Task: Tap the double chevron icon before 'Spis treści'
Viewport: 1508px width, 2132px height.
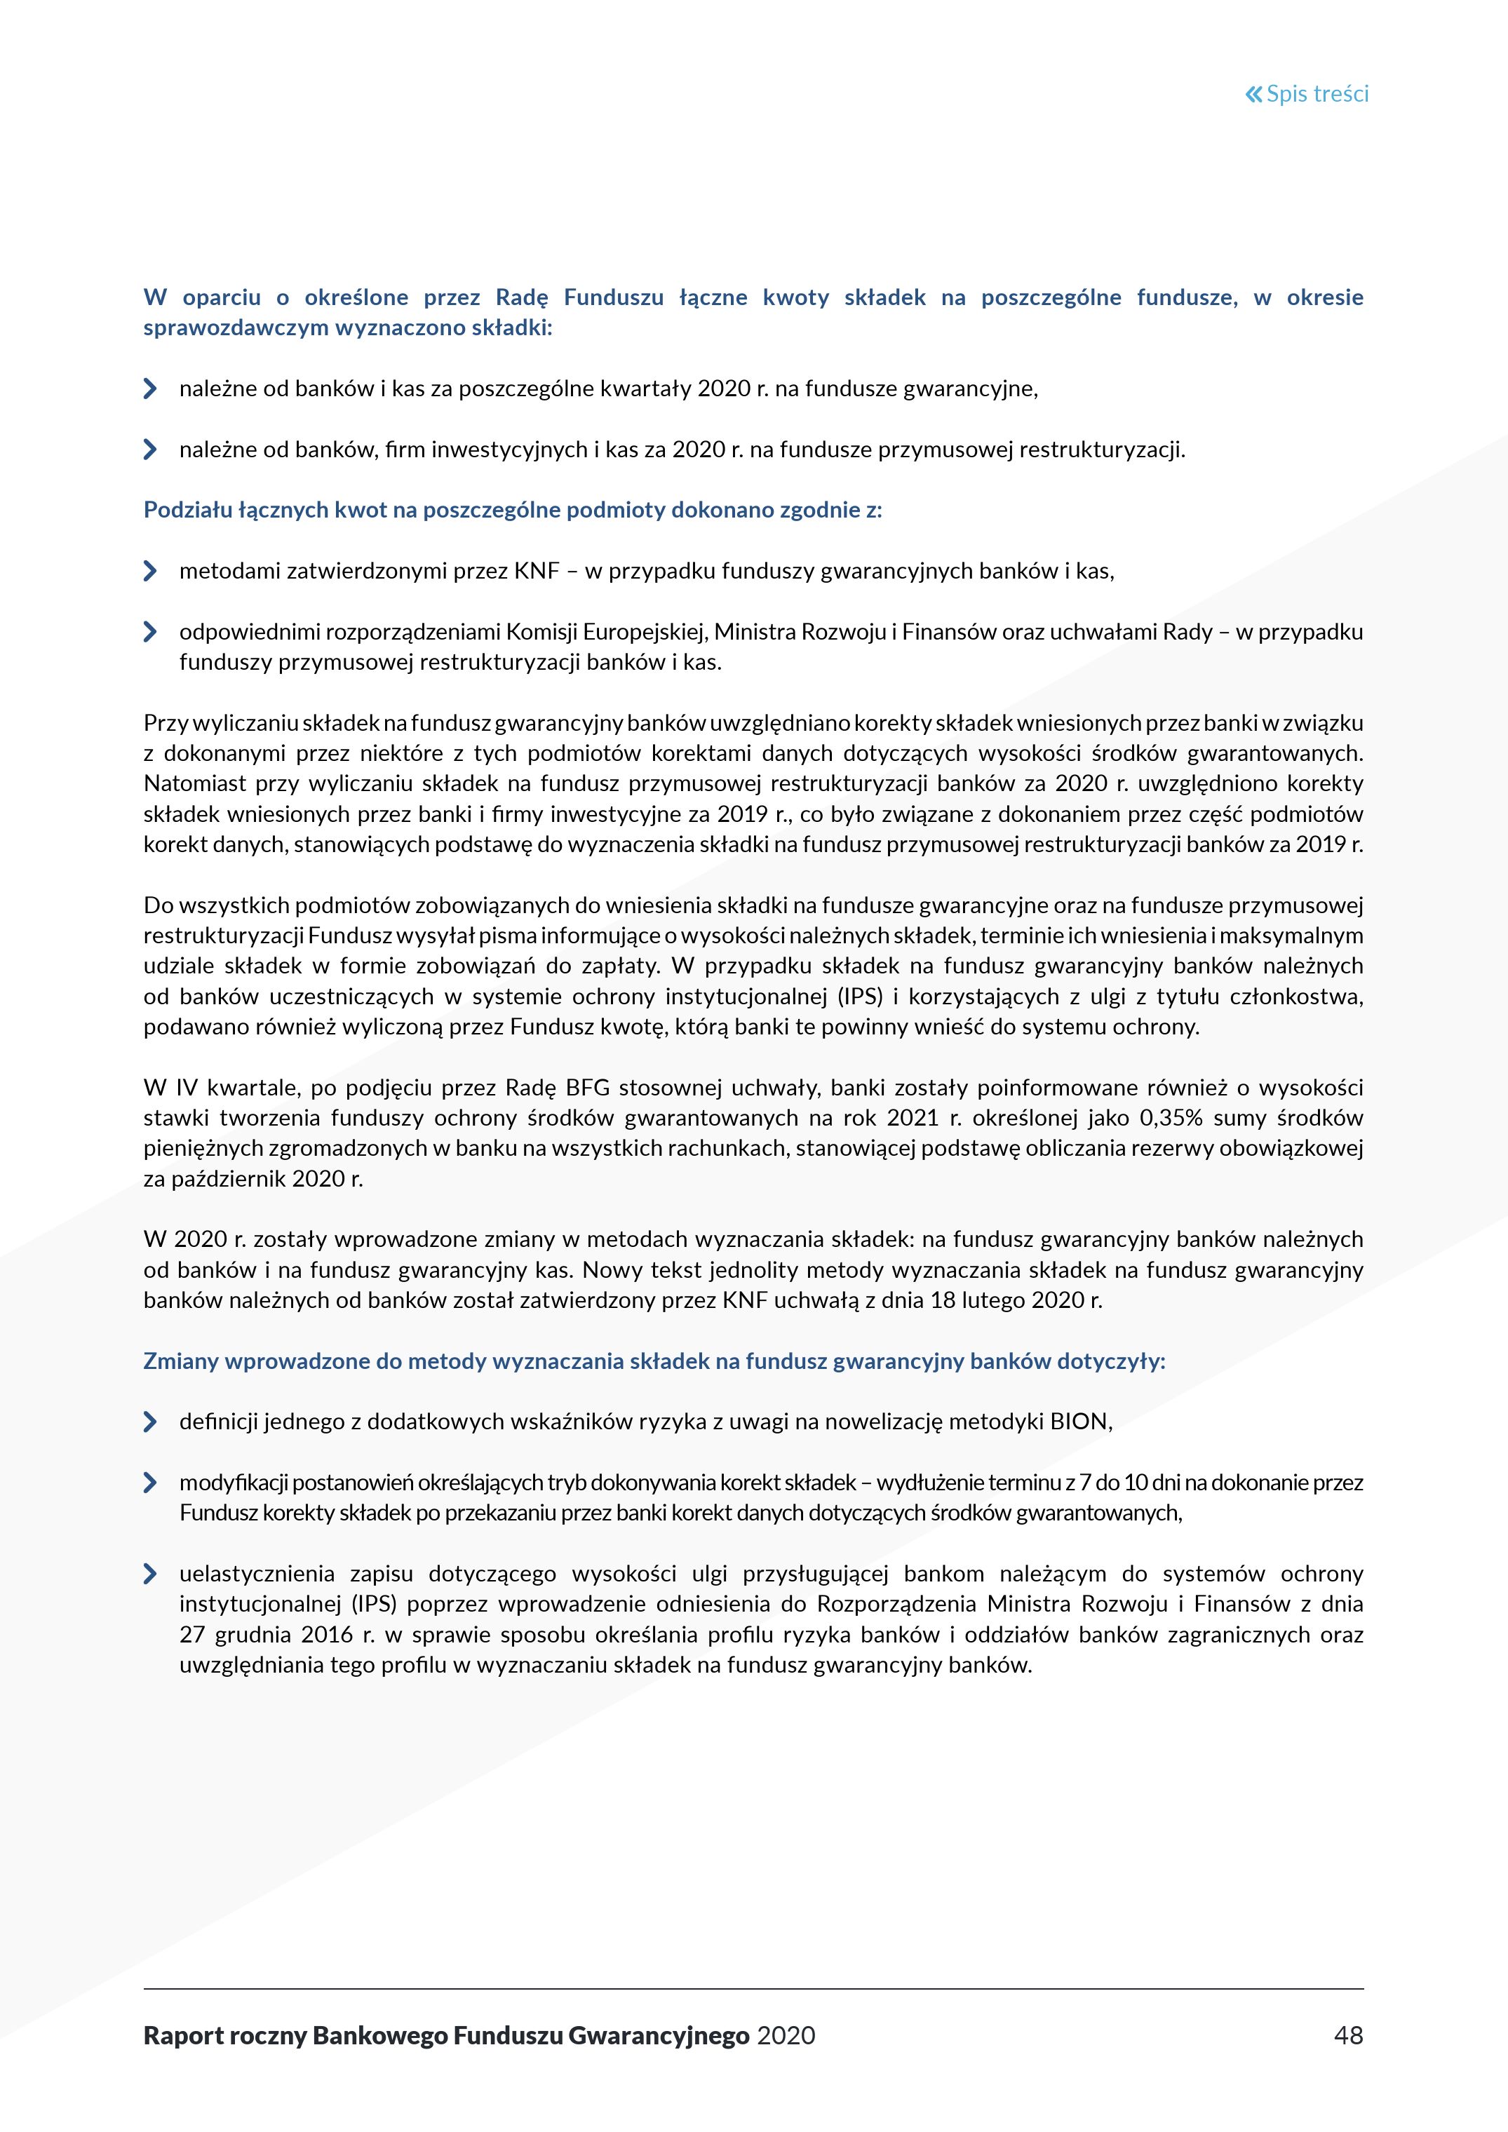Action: pos(1253,94)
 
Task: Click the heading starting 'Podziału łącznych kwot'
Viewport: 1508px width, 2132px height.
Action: pos(513,510)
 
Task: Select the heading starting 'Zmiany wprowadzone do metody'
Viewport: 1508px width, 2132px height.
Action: pos(654,1361)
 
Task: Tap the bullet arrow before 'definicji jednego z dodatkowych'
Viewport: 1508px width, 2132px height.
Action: pos(150,1422)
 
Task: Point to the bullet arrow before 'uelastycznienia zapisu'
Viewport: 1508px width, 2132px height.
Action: pos(150,1574)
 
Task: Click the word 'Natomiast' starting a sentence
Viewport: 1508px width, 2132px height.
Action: pos(191,783)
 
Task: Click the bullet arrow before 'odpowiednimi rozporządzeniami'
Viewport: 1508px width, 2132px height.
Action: pos(150,633)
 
